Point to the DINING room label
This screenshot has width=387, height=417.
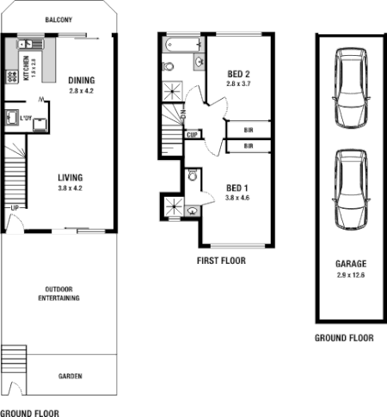84,81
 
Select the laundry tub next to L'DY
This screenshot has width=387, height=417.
11,118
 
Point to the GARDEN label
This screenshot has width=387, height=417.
71,377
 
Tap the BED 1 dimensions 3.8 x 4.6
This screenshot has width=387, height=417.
237,197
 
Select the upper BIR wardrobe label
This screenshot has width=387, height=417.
248,130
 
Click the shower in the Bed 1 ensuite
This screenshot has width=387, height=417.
172,206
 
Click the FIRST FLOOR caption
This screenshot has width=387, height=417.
222,260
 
